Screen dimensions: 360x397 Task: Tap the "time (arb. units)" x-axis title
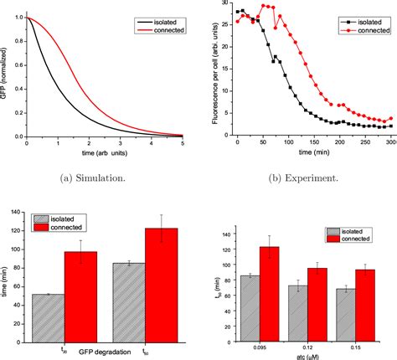(103, 152)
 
